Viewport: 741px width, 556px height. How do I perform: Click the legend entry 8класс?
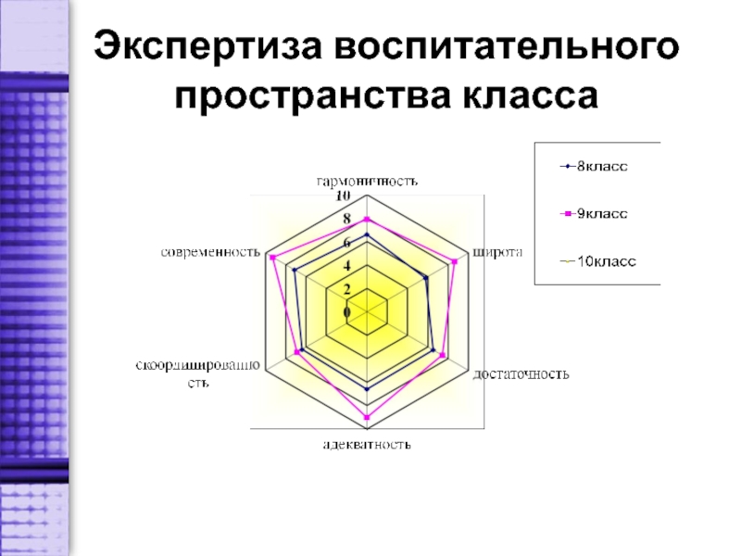(602, 167)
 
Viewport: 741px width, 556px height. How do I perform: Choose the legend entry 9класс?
(602, 214)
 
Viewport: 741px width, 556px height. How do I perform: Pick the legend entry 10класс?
(606, 261)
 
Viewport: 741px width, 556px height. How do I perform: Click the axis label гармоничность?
(367, 181)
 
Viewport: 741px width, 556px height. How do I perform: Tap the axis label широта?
(497, 252)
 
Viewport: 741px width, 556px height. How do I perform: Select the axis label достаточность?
(521, 374)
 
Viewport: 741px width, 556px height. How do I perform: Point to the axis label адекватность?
(367, 445)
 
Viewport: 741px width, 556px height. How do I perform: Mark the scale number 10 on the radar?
(343, 197)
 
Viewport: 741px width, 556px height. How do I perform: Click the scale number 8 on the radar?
(347, 220)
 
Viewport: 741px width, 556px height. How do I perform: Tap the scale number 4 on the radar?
(347, 267)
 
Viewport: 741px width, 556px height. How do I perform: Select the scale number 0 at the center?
(347, 313)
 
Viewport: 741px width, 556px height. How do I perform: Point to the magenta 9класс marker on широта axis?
(455, 261)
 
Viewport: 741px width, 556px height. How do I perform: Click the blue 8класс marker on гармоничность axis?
(368, 235)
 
